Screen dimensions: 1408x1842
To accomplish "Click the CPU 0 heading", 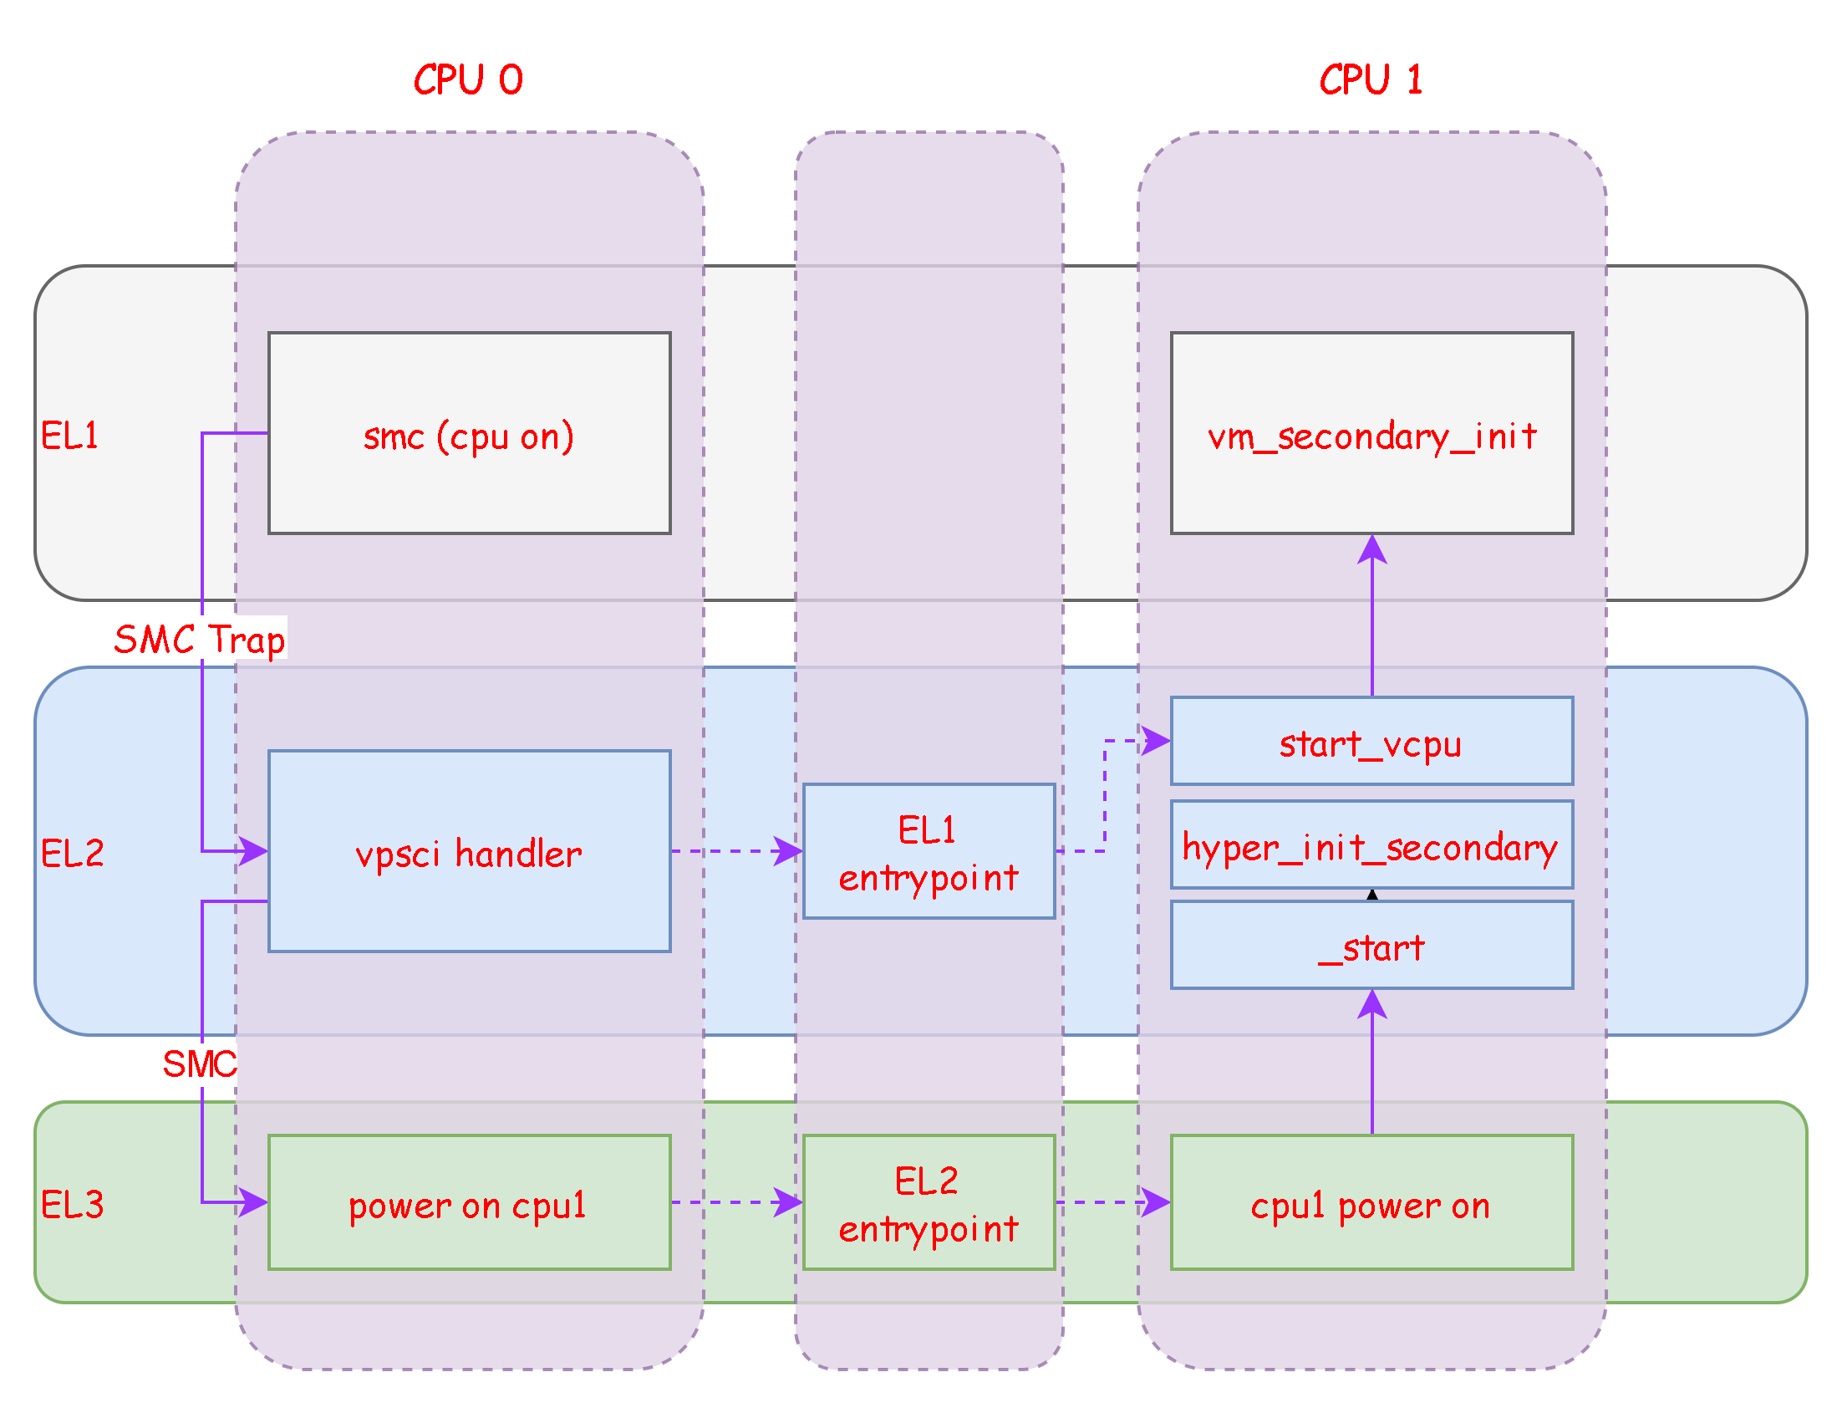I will [468, 80].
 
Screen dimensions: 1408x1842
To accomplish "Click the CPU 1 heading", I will [1371, 80].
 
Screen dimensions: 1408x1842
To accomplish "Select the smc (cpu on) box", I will [469, 433].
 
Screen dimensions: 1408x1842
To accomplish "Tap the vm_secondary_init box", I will [1371, 433].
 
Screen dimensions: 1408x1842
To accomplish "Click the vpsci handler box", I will [469, 851].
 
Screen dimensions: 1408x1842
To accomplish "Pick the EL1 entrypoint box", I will [929, 851].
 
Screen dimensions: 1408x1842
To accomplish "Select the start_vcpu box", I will [1371, 742].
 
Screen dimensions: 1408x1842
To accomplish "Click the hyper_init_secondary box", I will [1371, 844].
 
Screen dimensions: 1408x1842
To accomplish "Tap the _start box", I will [1371, 946].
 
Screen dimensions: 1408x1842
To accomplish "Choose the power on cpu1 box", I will [469, 1202].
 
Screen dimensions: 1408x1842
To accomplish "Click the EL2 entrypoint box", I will [929, 1202].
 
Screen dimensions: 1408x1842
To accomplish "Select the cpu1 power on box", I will [1371, 1202].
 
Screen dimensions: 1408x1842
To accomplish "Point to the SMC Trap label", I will [200, 639].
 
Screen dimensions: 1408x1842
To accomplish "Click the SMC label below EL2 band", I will [200, 1064].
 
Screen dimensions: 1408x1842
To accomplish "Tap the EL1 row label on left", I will [69, 435].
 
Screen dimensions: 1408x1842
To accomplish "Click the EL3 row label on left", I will [72, 1204].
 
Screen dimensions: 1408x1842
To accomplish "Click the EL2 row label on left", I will [72, 853].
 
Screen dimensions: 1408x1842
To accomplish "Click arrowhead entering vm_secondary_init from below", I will [1371, 550].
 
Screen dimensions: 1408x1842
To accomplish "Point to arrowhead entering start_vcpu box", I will [1156, 741].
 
